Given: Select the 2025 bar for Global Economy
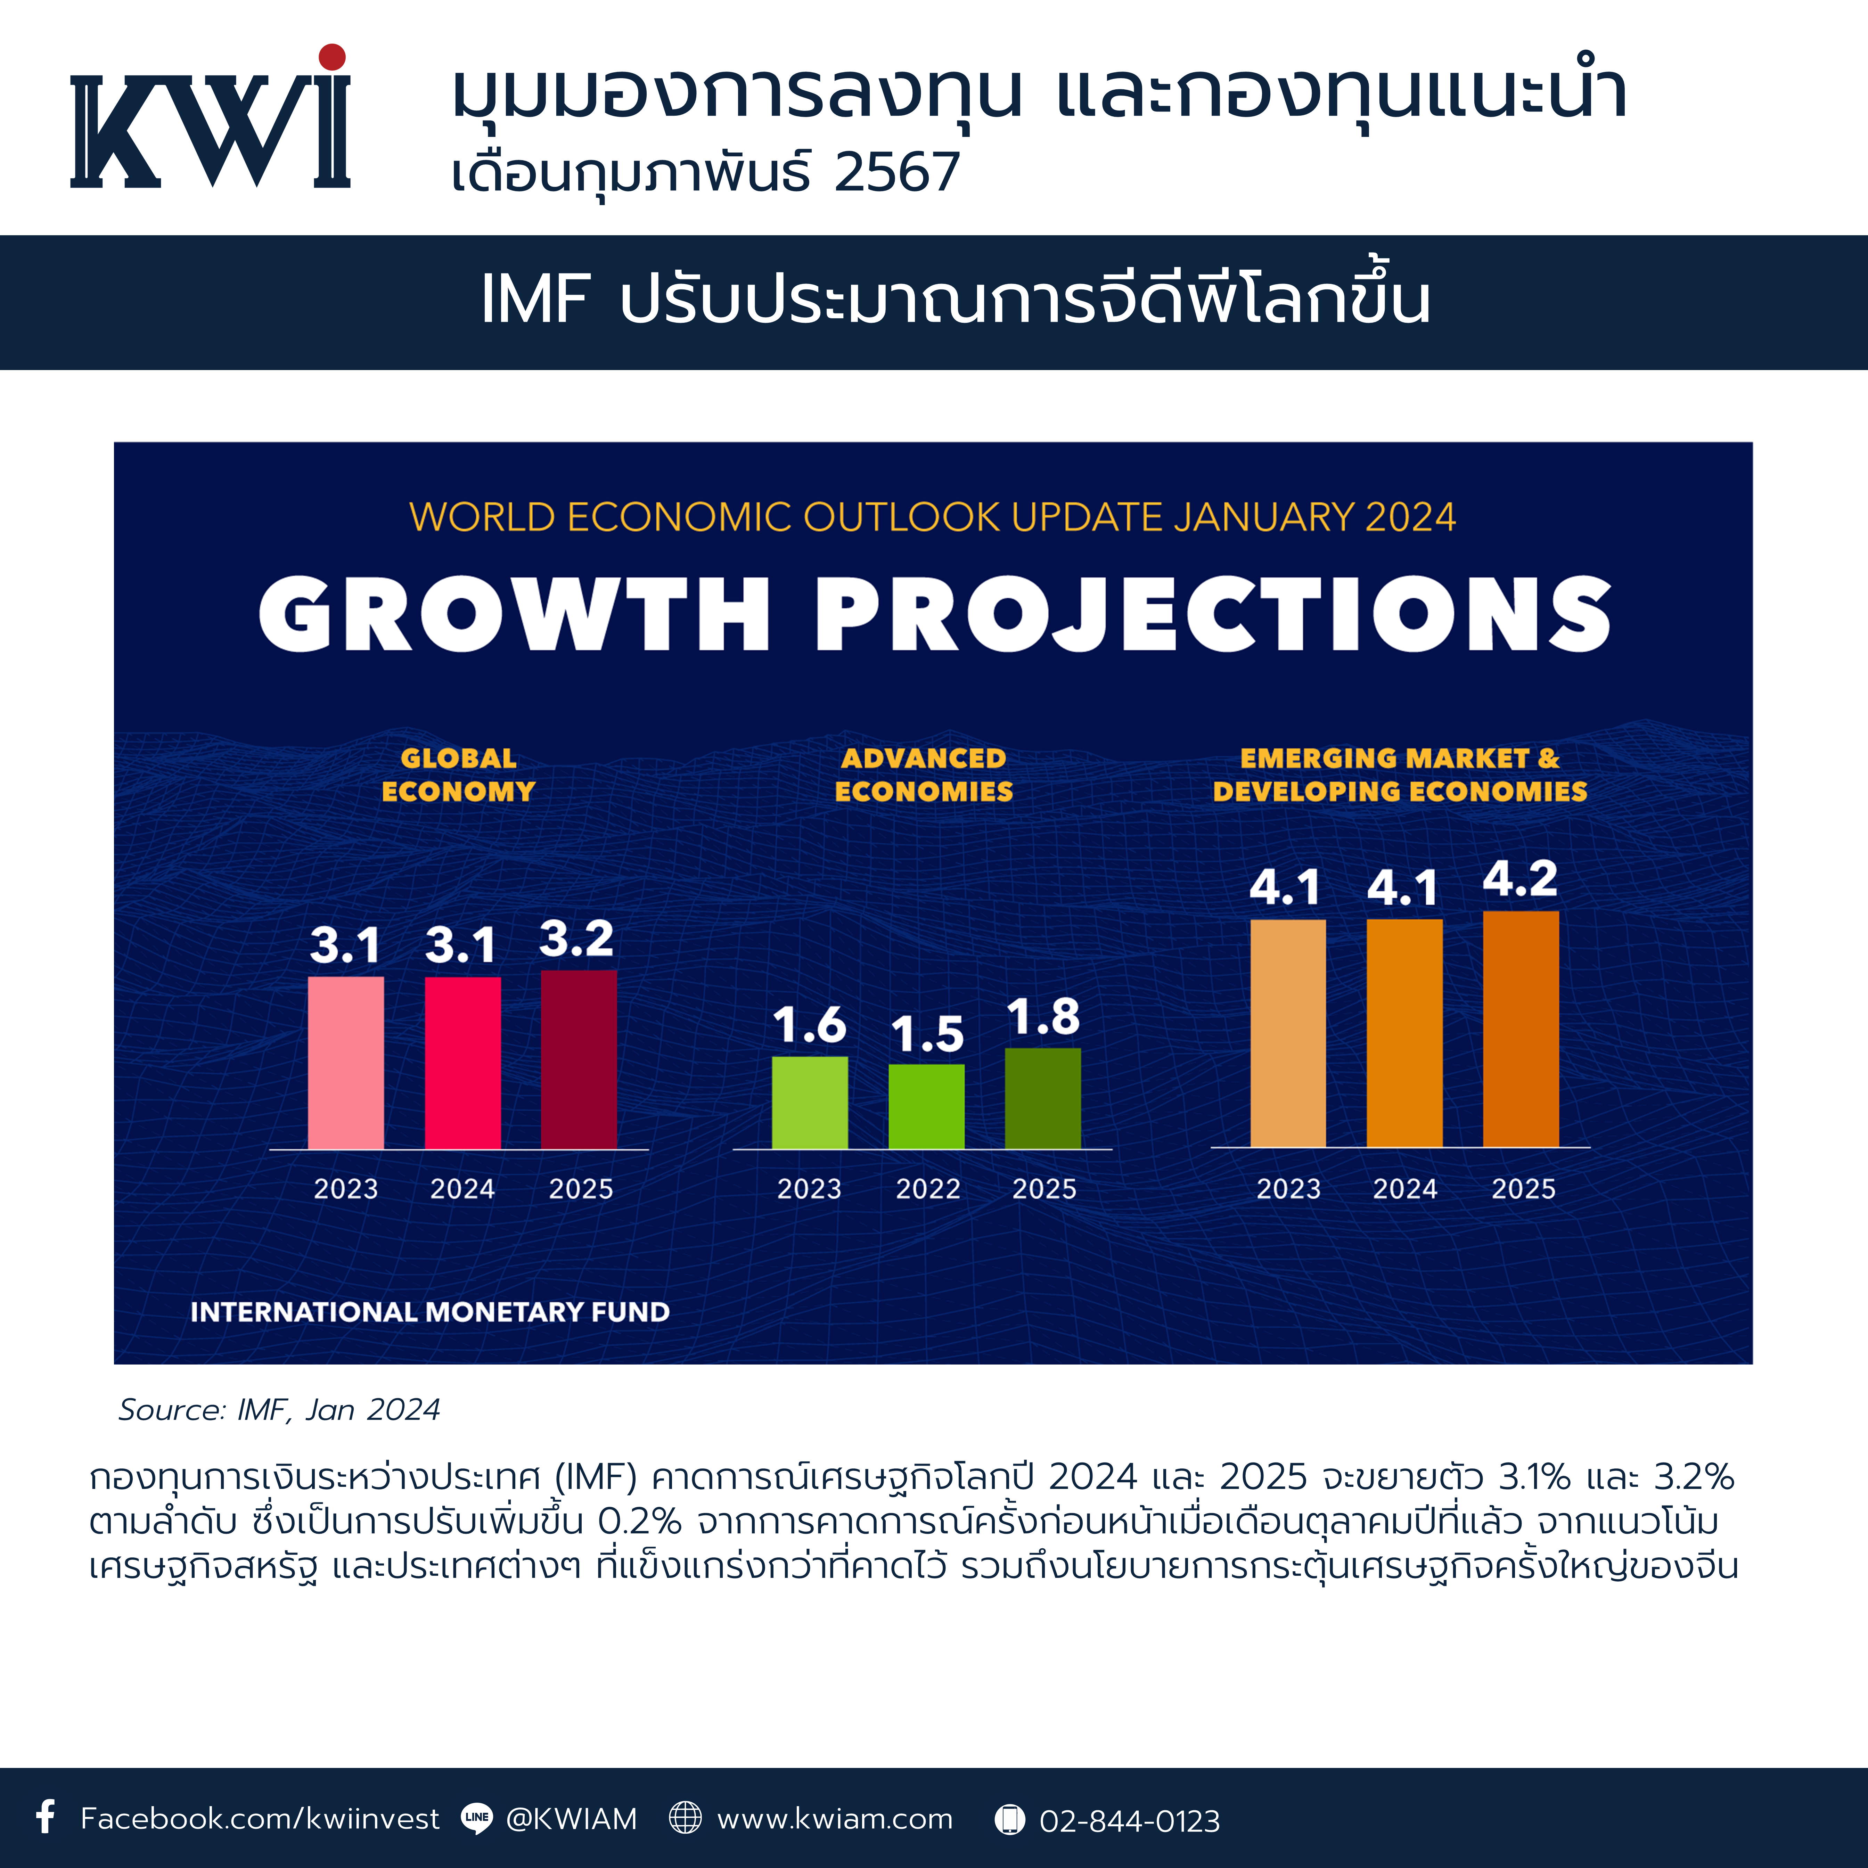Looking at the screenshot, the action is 578,1060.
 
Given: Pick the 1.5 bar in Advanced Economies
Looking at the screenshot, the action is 926,1107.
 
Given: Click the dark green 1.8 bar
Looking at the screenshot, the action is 1042,1098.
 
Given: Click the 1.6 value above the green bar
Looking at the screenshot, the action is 809,1025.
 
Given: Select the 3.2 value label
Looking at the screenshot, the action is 576,938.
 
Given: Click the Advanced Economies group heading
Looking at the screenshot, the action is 923,775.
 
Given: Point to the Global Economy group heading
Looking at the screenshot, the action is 458,775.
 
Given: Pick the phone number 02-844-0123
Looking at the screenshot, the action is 1129,1821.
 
